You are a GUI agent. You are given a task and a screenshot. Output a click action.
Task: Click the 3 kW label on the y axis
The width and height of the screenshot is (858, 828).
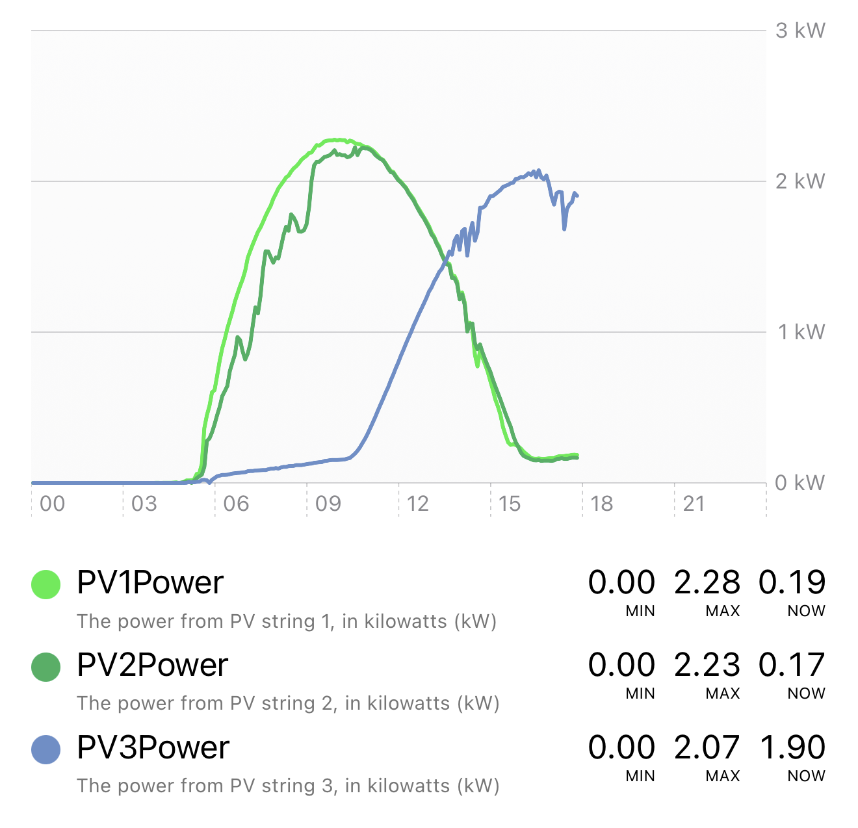click(800, 31)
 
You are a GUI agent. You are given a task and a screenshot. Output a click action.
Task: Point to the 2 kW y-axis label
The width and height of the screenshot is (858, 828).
click(800, 181)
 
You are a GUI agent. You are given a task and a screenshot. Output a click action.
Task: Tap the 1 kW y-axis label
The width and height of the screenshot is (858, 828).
click(801, 332)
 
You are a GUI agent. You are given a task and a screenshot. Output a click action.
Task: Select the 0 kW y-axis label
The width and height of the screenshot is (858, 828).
click(800, 483)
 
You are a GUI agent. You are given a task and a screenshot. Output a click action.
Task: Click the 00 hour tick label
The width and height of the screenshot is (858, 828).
click(52, 504)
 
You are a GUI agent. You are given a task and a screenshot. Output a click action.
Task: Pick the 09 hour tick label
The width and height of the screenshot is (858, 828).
click(328, 504)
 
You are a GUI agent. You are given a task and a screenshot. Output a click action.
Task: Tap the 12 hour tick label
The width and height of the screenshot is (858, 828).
click(417, 504)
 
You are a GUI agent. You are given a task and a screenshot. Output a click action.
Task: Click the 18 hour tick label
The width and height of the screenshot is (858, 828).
click(602, 504)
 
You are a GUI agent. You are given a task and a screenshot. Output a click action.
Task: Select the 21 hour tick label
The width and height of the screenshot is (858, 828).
click(694, 504)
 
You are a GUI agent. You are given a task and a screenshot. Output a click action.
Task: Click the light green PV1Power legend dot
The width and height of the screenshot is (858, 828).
click(46, 584)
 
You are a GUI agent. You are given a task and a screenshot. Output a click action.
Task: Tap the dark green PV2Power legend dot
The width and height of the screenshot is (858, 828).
click(46, 667)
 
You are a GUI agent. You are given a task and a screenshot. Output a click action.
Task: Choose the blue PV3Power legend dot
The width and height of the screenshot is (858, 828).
click(46, 749)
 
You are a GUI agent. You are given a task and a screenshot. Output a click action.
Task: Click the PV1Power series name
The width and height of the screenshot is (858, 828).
click(150, 582)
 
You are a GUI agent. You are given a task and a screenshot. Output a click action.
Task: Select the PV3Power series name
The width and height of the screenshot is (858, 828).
click(153, 747)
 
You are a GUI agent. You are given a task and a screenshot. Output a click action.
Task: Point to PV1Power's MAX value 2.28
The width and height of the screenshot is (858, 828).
click(707, 582)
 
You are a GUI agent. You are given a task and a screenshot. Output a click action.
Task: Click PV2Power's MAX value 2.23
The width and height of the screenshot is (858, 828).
click(707, 665)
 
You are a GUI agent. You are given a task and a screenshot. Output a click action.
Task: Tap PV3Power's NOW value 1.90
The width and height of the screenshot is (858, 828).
click(792, 747)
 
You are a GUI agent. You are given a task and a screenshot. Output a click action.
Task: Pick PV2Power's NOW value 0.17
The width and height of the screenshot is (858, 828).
click(792, 665)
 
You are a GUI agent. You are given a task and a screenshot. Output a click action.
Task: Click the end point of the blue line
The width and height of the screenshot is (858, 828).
click(577, 196)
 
